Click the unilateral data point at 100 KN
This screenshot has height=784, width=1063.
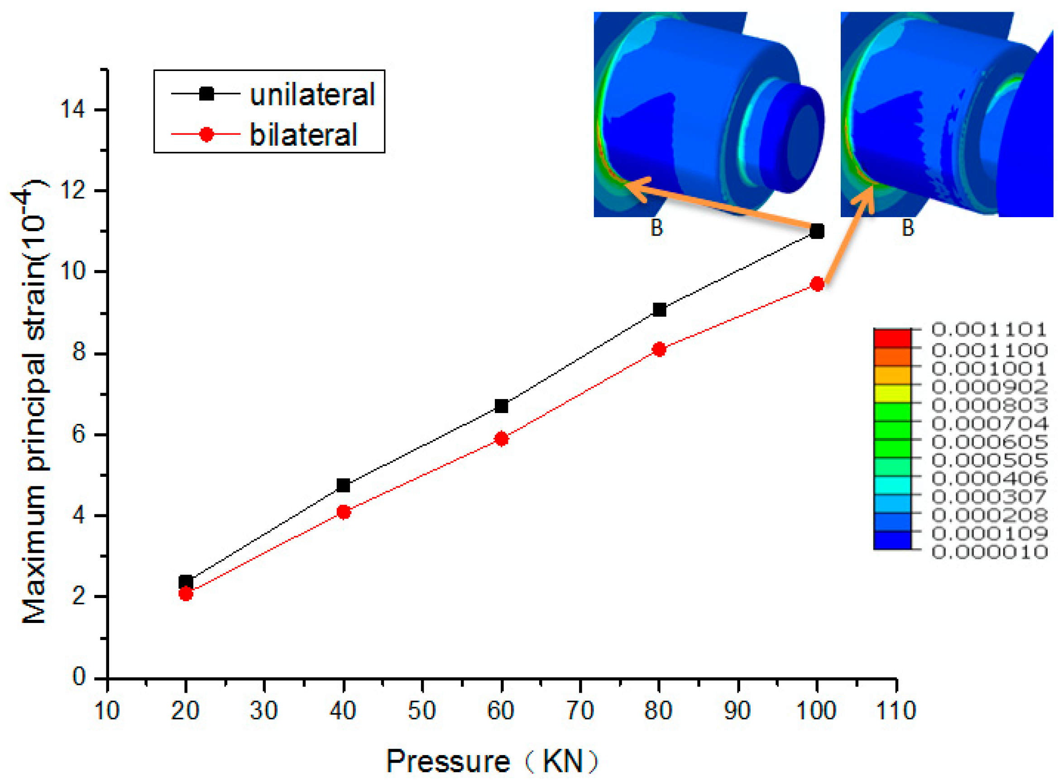pos(817,232)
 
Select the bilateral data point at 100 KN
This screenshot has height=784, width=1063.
pos(817,284)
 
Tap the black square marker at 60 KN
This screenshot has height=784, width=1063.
pos(502,406)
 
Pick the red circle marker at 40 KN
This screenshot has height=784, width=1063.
pos(344,512)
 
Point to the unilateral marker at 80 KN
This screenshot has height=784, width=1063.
pos(659,310)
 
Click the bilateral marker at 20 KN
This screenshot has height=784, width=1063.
pos(186,594)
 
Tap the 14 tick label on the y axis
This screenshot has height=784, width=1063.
pos(72,109)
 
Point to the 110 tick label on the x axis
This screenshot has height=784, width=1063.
pos(896,711)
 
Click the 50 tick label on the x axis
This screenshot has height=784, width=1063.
pos(422,711)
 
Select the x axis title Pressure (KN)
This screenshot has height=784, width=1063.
pos(492,762)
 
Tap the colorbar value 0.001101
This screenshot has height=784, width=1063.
pos(989,329)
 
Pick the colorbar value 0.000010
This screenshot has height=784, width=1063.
pos(989,552)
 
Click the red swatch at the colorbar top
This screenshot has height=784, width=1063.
pos(892,338)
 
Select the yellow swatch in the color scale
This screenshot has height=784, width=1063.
pos(892,393)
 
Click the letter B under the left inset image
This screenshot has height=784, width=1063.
pos(656,228)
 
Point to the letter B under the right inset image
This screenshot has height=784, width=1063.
pos(908,228)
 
